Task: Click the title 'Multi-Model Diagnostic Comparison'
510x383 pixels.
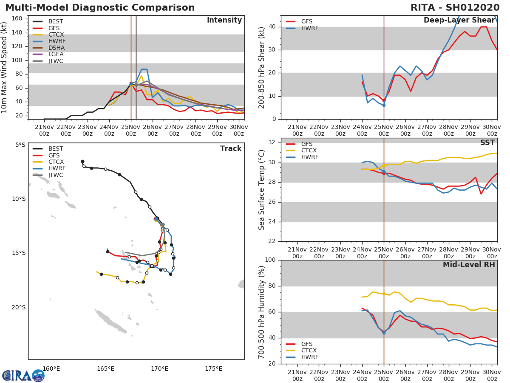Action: (100, 8)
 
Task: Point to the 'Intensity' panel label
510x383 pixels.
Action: (224, 20)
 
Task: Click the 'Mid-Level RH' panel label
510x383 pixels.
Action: (469, 265)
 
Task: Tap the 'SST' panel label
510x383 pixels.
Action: (487, 143)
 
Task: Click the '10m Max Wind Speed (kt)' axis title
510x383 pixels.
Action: (5, 68)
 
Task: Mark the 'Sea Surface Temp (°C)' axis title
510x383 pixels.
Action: (262, 190)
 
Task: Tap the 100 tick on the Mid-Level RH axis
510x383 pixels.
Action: (271, 260)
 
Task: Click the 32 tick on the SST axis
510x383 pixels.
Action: (272, 143)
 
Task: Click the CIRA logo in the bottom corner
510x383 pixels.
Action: (23, 375)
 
